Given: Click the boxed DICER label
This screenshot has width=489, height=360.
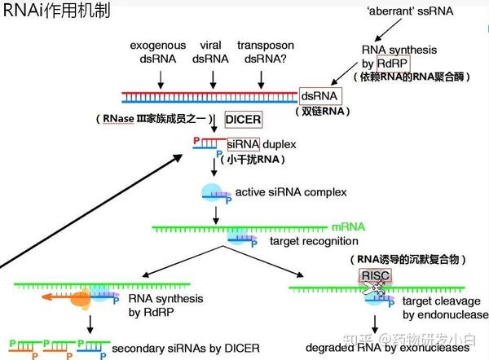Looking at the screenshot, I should (x=244, y=120).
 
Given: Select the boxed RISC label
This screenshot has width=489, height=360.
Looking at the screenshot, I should (x=372, y=276).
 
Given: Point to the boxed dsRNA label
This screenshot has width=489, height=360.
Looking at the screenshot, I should (x=320, y=96).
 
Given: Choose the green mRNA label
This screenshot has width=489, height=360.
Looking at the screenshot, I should (x=348, y=226).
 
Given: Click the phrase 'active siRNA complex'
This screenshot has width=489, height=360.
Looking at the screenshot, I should (x=291, y=193).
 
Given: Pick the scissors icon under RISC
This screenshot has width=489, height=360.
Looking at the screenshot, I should (x=374, y=289).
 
